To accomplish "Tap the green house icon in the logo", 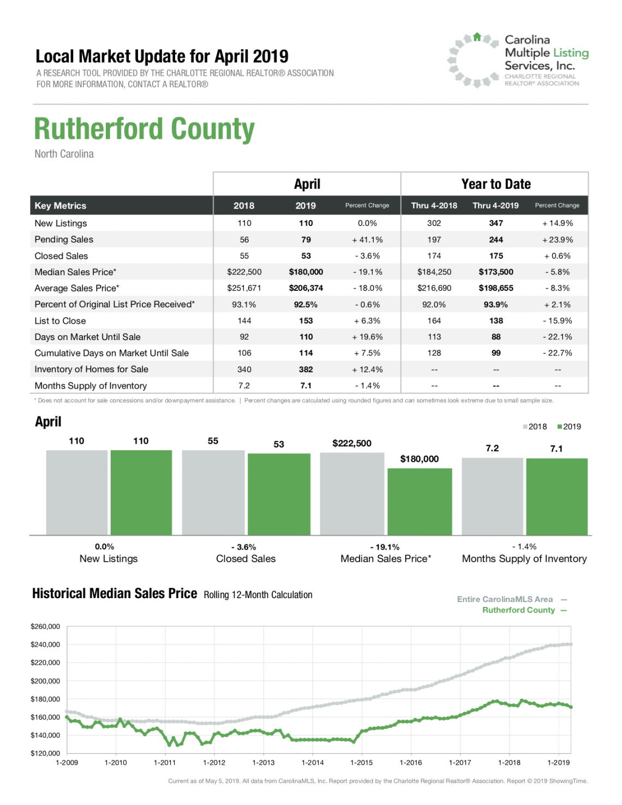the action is pos(477,37).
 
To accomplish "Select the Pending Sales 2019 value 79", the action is pos(306,240).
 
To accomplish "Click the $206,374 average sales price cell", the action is pos(306,288).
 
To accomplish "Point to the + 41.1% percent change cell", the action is pos(367,240).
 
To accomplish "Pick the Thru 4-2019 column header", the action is pos(495,206).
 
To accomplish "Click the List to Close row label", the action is pos(60,321).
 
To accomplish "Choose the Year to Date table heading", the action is pos(496,184).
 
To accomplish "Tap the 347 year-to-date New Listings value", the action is pos(496,223).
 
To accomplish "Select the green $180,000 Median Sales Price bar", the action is pos(420,502).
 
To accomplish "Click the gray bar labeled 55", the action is pos(213,492).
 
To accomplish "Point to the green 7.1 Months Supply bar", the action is pos(557,497).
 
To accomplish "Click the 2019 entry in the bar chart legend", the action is pos(569,427).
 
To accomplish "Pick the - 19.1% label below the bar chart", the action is pos(385,547).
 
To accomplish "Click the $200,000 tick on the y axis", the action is pos(45,681).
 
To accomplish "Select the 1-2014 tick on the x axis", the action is pos(313,762).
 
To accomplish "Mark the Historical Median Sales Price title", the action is pos(115,593).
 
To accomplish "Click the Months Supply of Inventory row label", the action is pos(91,386).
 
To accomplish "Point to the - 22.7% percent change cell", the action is pos(557,353).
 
